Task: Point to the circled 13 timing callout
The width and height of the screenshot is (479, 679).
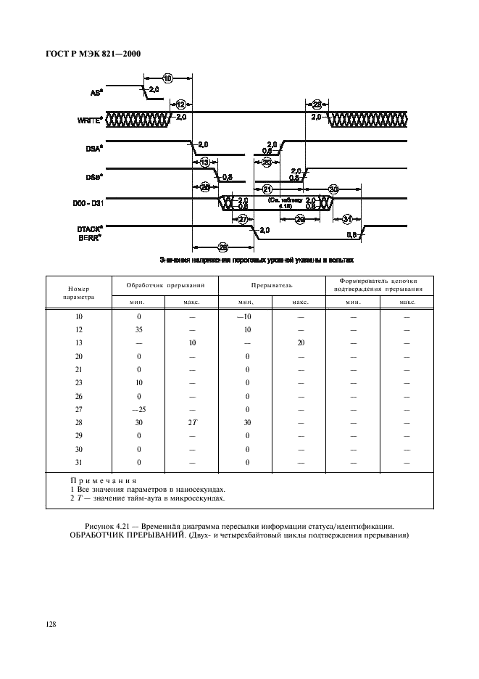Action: coord(205,162)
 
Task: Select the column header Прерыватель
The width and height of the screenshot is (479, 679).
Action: coord(272,286)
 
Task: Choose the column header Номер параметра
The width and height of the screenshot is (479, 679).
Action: coord(78,292)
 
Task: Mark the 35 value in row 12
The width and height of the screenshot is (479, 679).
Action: coord(138,330)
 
